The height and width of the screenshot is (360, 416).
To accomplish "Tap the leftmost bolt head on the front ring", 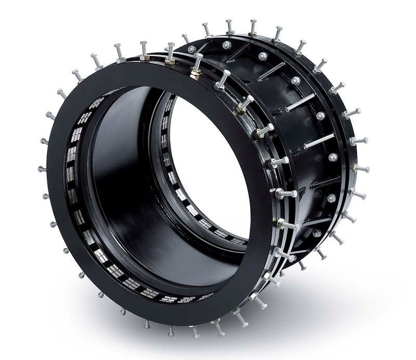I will (41, 169).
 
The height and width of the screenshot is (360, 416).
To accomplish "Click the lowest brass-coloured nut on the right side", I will (280, 224).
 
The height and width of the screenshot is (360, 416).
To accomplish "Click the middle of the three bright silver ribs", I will (301, 102).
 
